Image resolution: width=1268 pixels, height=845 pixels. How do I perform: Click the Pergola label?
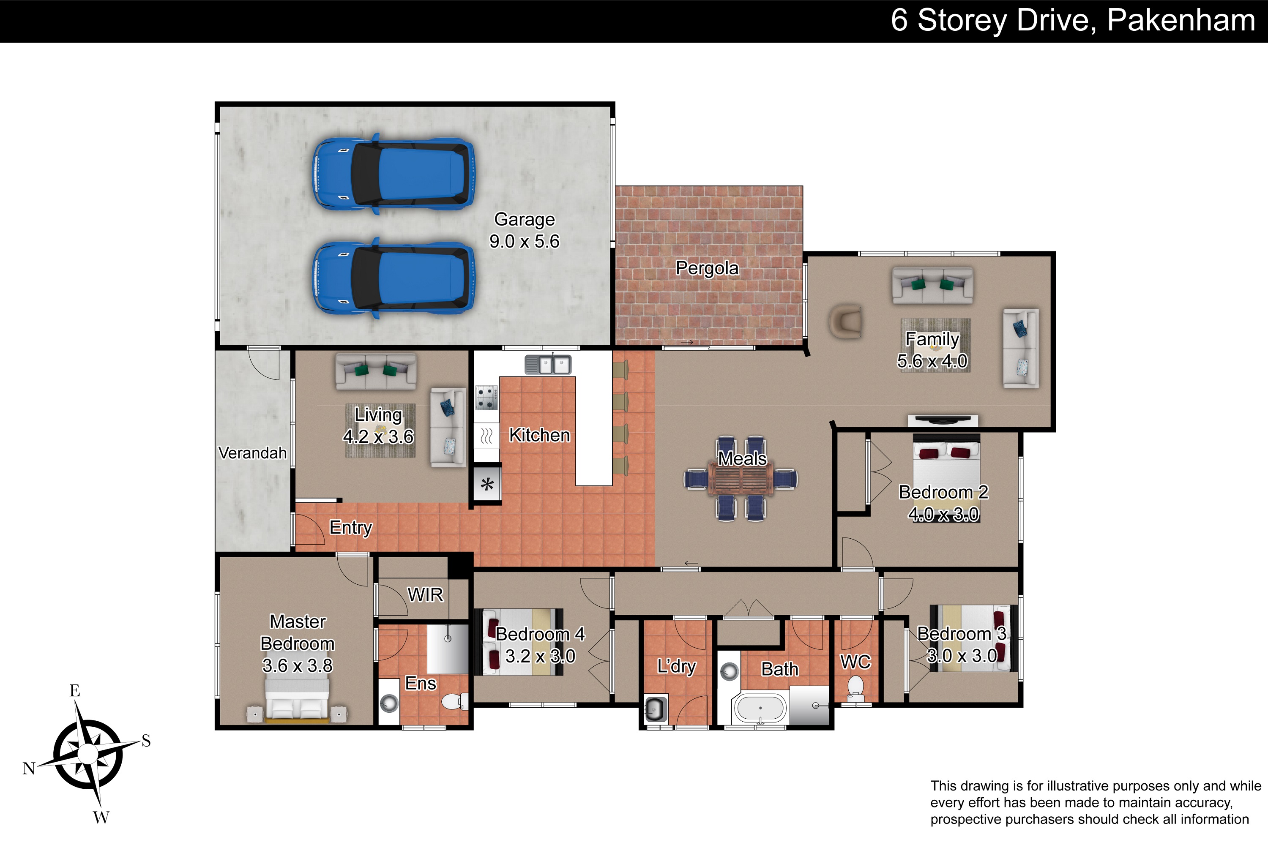point(707,268)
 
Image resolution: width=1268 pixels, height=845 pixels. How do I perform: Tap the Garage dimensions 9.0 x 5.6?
point(525,241)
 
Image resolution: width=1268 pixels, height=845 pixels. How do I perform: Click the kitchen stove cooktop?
point(486,397)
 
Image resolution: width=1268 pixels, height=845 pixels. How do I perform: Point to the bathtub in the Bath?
point(760,708)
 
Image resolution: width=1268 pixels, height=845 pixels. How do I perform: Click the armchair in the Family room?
point(845,322)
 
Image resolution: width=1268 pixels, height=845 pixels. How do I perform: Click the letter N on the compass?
point(29,769)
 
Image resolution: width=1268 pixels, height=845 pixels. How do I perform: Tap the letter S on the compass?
point(146,741)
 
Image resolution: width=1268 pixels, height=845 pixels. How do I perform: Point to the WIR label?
point(425,594)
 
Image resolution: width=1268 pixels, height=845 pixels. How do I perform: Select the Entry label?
point(351,528)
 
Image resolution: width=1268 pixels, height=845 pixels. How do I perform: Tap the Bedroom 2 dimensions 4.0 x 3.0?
point(943,515)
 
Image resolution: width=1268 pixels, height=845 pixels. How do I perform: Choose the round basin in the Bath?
point(729,672)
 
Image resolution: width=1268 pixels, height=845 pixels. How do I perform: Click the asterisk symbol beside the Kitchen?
point(487,485)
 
